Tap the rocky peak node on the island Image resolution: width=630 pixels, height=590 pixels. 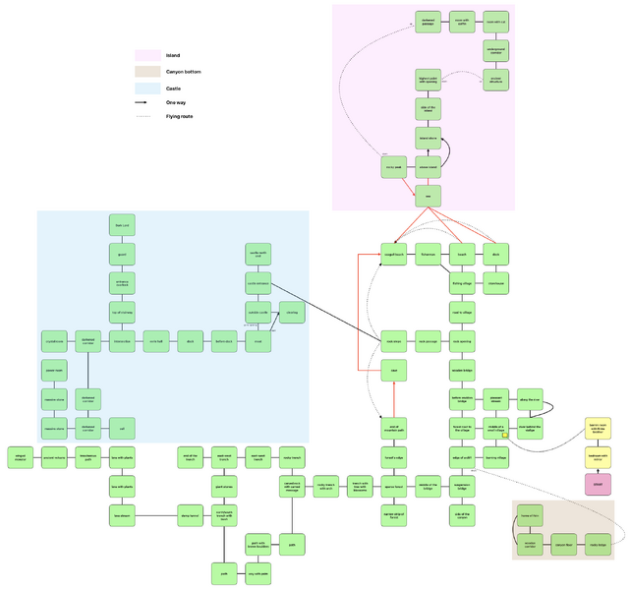394,168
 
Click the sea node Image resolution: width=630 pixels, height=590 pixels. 428,197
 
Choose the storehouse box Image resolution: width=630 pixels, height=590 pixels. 495,283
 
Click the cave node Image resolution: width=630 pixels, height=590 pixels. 394,370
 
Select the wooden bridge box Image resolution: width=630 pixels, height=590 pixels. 462,370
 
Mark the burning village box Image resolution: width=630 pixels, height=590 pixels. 495,457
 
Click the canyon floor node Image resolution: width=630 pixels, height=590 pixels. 563,543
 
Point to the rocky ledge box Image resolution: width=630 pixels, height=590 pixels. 598,543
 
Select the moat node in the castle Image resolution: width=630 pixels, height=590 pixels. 258,341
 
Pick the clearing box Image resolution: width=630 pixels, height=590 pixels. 292,313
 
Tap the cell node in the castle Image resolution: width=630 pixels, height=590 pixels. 122,428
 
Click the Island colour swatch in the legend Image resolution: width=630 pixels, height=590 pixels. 148,55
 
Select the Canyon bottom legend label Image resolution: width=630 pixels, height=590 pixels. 184,72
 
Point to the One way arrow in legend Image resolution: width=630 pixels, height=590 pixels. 148,102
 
